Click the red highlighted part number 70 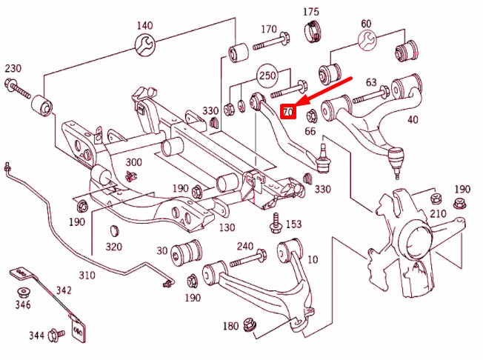click(x=289, y=112)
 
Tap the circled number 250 click(x=267, y=76)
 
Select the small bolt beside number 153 click(x=276, y=221)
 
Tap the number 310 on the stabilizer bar click(x=87, y=276)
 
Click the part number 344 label click(x=36, y=336)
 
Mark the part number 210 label click(x=439, y=215)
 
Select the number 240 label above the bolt click(x=245, y=247)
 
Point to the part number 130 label click(x=227, y=227)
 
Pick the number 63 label click(x=371, y=82)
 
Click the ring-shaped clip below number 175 click(x=313, y=31)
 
